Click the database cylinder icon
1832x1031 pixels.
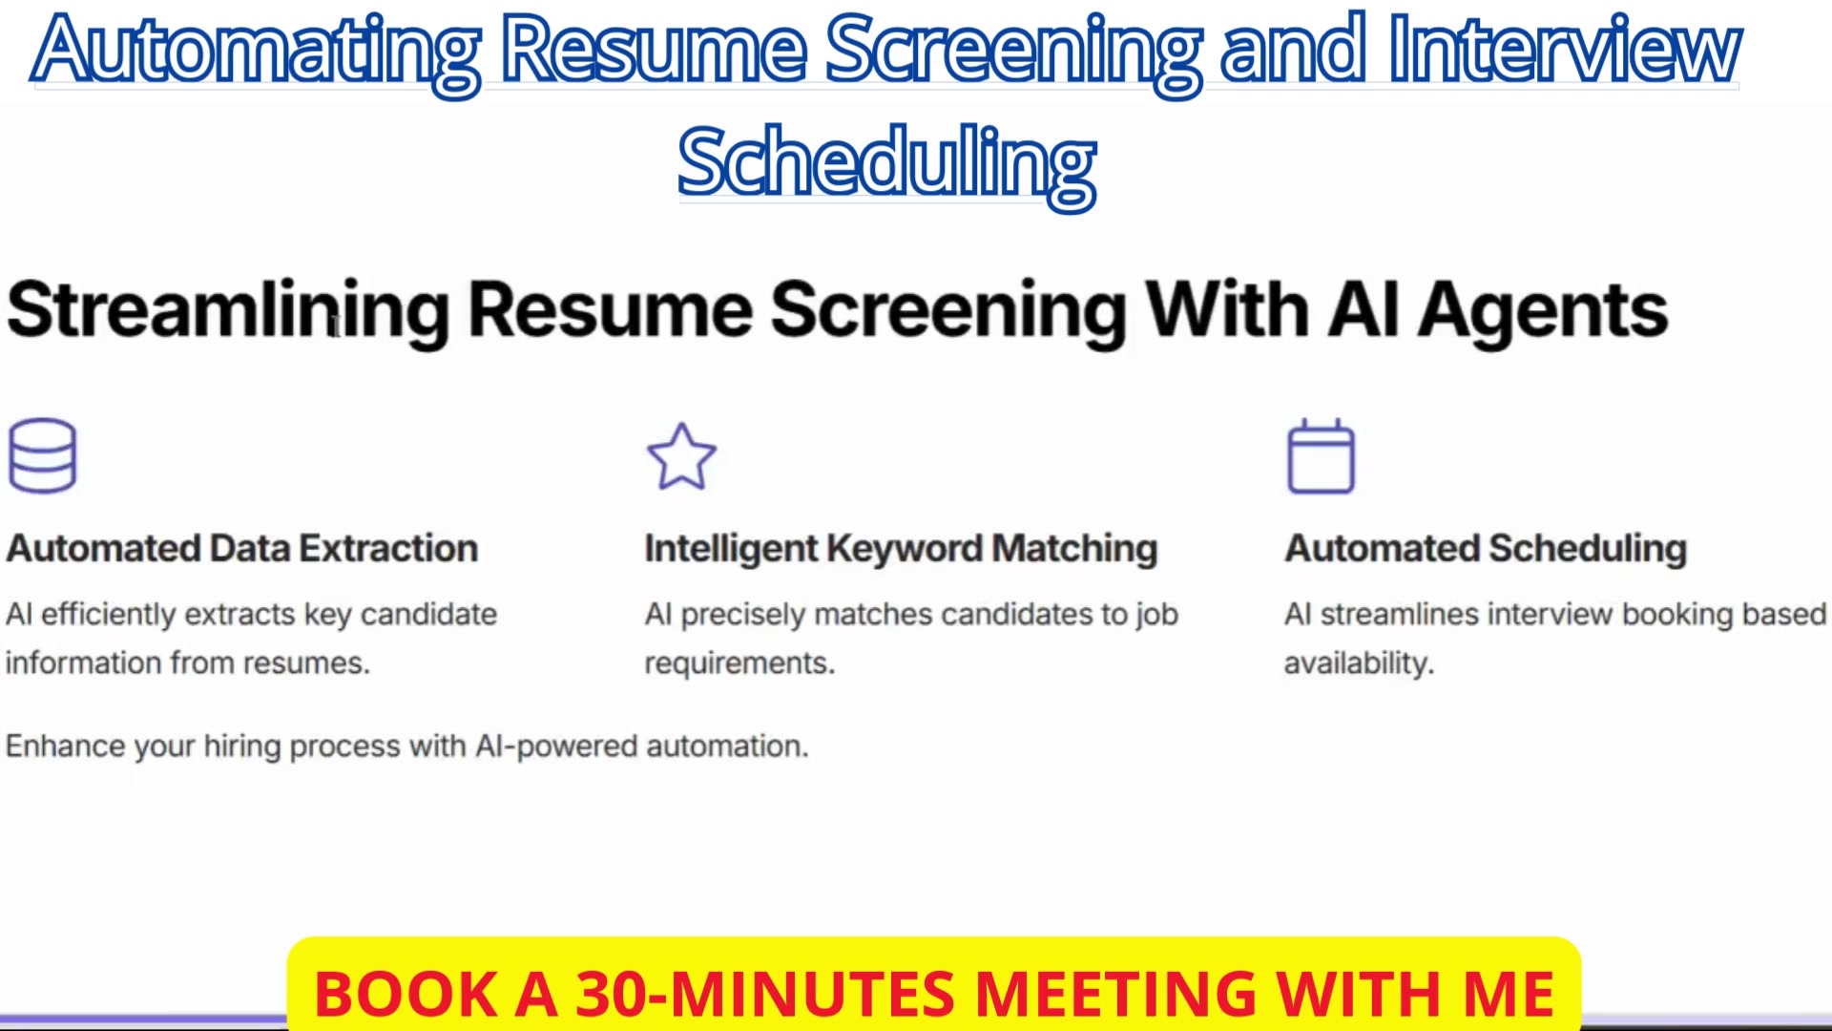click(42, 455)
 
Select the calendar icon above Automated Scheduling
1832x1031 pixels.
click(1321, 455)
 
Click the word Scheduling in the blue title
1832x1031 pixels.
click(887, 164)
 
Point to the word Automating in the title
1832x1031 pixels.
click(257, 53)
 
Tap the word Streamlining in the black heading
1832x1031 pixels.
click(228, 311)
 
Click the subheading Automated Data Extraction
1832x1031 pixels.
click(242, 549)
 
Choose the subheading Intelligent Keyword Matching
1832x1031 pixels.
click(901, 550)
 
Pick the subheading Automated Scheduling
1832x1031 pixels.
click(1486, 550)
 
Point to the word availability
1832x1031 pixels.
click(1359, 663)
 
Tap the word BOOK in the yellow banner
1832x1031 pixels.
click(406, 994)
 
